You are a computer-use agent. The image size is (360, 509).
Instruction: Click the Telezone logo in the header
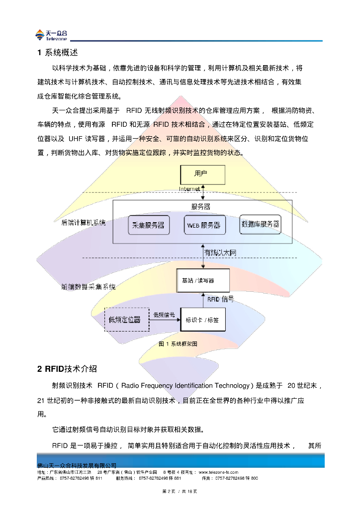(51, 35)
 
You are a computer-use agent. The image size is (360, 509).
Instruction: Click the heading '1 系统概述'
(58, 52)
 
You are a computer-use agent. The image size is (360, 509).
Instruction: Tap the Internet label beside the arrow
(189, 189)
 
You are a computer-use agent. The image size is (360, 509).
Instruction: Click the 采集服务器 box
(149, 225)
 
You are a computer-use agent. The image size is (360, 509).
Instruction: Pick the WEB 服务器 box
(204, 225)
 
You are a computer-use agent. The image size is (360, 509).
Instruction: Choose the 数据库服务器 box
(260, 224)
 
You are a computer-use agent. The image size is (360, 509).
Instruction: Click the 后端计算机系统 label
(83, 223)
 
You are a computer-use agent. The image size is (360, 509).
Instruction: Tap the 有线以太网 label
(220, 253)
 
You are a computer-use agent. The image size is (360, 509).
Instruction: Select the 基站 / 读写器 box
(203, 281)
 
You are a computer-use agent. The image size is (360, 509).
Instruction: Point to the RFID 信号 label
(220, 299)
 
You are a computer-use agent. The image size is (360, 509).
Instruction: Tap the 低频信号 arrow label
(164, 315)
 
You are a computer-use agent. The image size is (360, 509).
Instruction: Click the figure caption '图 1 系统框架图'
(178, 344)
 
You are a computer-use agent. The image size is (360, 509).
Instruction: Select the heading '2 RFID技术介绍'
(67, 369)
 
